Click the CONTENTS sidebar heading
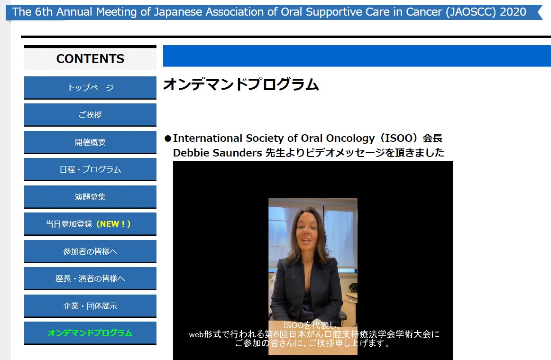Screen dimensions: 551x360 (90, 59)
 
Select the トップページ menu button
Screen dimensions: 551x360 (90, 88)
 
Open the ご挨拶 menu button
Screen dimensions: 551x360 (90, 115)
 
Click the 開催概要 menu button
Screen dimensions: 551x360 (90, 142)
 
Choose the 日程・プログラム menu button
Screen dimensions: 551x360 (90, 169)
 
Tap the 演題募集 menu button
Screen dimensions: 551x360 (90, 196)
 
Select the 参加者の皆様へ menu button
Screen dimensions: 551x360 (90, 251)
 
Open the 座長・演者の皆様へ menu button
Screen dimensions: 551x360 (90, 278)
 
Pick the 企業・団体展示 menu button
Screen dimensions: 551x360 (90, 305)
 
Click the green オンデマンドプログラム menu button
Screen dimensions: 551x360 (90, 333)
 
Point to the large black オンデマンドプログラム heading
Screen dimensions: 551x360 (241, 84)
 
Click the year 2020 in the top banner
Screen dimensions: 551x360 (513, 12)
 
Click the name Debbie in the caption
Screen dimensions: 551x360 (191, 153)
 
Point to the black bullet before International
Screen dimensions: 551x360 (167, 138)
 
